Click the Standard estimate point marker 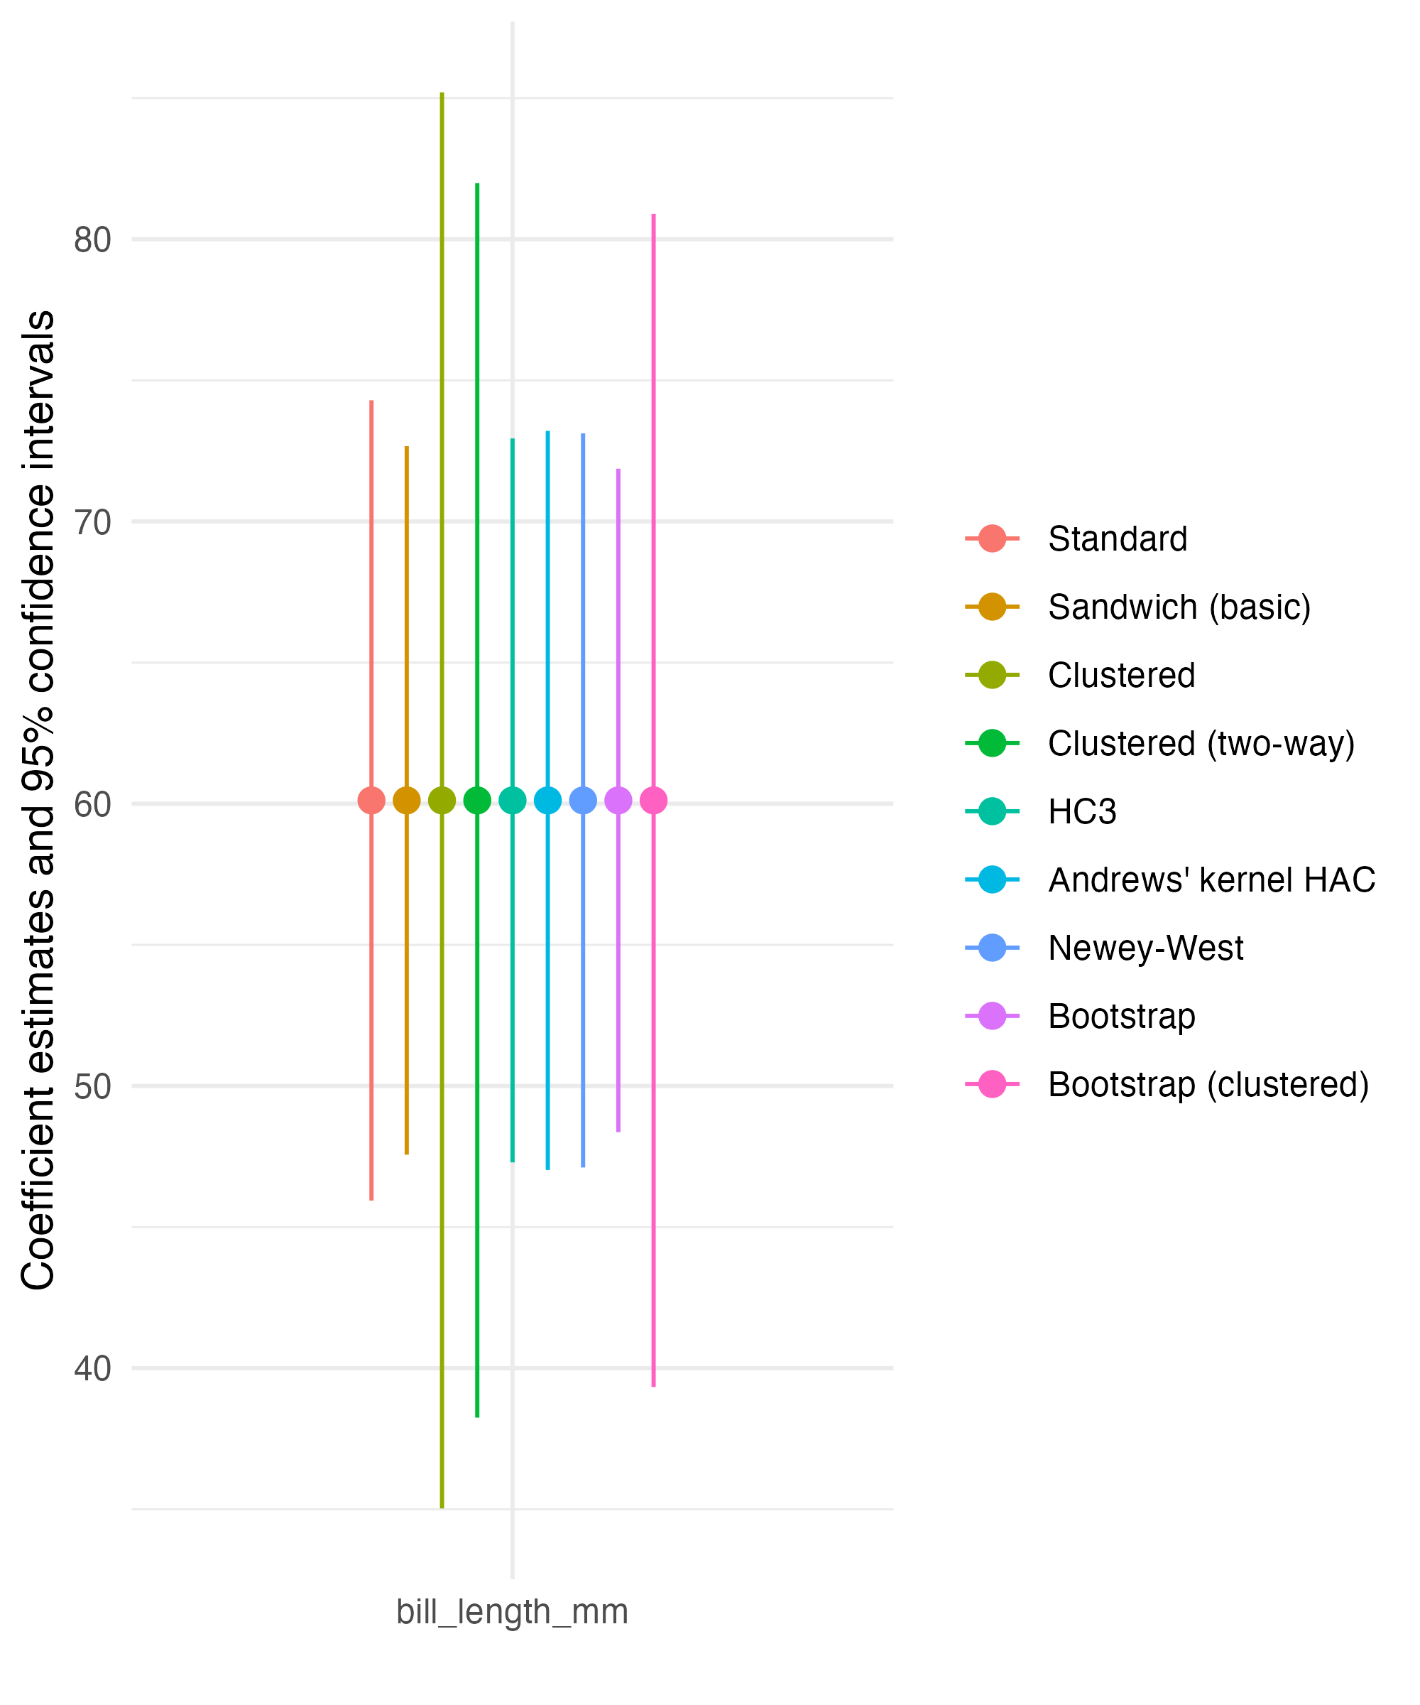[x=371, y=801]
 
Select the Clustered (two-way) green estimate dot [x=477, y=801]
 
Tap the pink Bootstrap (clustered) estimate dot [x=653, y=801]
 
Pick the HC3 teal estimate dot [x=512, y=801]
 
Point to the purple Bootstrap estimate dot [x=618, y=801]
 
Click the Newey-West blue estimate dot [x=583, y=801]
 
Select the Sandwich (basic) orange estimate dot [x=407, y=801]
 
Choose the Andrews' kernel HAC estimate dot [x=547, y=801]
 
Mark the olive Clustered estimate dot [x=442, y=801]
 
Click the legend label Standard [x=1118, y=539]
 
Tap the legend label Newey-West [x=1145, y=948]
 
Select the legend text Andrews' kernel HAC [x=1211, y=880]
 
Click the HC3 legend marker [x=992, y=812]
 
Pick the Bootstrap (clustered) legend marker [x=992, y=1085]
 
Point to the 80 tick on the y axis [x=92, y=240]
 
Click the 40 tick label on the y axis [x=92, y=1369]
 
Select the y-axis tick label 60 [x=92, y=805]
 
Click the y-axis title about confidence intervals [x=38, y=800]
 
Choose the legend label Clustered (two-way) [x=1201, y=744]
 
